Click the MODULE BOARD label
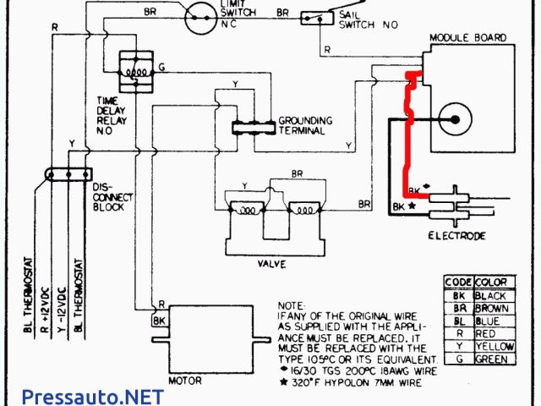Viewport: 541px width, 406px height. pos(467,38)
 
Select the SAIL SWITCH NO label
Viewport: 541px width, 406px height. pos(368,19)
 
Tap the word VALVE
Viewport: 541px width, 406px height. pos(271,264)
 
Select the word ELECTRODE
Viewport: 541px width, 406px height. pos(457,236)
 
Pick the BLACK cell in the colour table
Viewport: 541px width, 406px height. pos(490,295)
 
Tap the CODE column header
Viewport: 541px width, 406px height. pos(457,282)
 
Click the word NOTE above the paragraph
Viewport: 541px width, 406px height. pos(290,304)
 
